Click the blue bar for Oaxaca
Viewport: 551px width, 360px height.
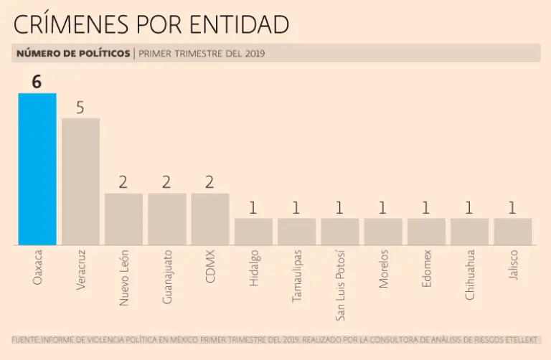pos(37,169)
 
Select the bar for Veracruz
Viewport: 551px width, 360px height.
pos(80,181)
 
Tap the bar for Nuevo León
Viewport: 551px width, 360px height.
pos(123,219)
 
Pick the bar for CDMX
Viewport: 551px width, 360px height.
pos(210,219)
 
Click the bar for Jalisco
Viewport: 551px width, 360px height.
pos(512,232)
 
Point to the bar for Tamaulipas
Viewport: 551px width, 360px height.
pos(296,232)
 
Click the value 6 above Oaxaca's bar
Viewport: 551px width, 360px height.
pos(37,82)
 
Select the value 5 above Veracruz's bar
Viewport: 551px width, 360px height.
pos(80,108)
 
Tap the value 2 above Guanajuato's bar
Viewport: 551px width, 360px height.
pos(166,182)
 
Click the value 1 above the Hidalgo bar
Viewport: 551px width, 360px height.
pos(253,208)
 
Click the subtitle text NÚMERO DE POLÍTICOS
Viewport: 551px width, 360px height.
pos(73,53)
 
